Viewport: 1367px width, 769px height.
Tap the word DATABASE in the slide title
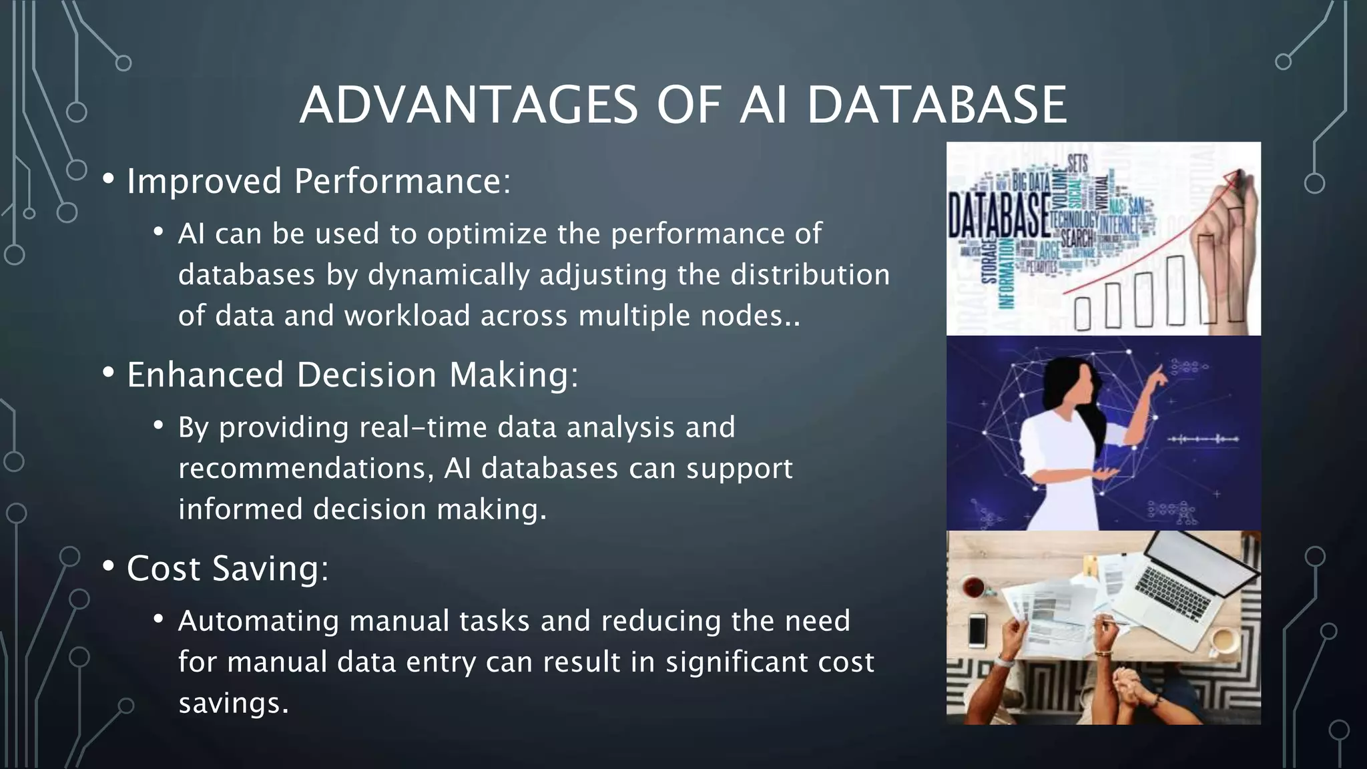pyautogui.click(x=936, y=105)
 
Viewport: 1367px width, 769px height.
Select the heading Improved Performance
pyautogui.click(x=318, y=181)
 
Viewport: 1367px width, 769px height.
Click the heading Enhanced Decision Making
pyautogui.click(x=352, y=374)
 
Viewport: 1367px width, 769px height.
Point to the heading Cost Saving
pyautogui.click(x=227, y=568)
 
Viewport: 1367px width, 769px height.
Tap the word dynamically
pyautogui.click(x=448, y=275)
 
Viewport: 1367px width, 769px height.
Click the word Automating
pyautogui.click(x=258, y=621)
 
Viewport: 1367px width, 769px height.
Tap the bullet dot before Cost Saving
pyautogui.click(x=108, y=567)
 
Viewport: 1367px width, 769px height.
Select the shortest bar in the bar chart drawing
pyautogui.click(x=1082, y=314)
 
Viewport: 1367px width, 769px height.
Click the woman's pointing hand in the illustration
pyautogui.click(x=1161, y=376)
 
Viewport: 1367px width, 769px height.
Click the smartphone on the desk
pyautogui.click(x=977, y=630)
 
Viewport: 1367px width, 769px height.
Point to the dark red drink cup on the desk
pyautogui.click(x=973, y=587)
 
